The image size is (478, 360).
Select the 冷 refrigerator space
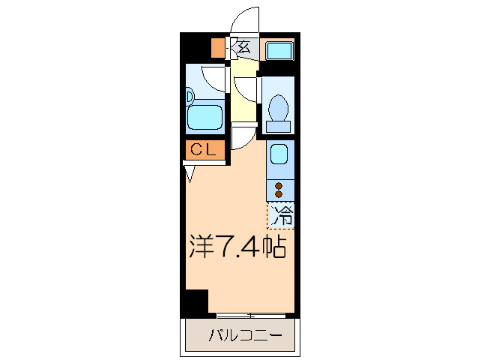[282, 216]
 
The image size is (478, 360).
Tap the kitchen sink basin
[278, 154]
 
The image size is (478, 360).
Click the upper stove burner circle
[279, 184]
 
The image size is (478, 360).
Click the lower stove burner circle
[279, 194]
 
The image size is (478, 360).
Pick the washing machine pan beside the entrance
[279, 51]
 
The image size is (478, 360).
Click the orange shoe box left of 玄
[217, 47]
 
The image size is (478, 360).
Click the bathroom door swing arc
[216, 78]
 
